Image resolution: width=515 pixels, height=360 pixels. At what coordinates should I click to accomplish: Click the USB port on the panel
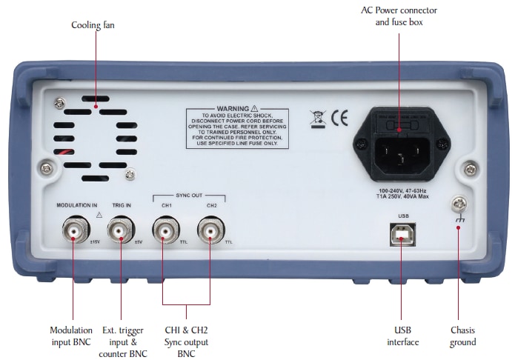[402, 235]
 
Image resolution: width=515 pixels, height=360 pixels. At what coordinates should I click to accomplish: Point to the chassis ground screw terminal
[459, 202]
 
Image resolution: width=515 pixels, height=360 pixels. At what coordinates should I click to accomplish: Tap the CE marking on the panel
[339, 116]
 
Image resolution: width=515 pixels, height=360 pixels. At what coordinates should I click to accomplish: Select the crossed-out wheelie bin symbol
[317, 117]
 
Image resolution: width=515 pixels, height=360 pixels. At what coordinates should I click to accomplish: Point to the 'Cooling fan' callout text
[93, 25]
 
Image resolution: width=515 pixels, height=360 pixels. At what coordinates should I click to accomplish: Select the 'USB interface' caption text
[402, 336]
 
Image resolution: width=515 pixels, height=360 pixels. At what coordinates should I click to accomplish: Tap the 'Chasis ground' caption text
[463, 336]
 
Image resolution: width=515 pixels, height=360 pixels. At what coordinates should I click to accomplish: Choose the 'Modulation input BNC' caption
[71, 336]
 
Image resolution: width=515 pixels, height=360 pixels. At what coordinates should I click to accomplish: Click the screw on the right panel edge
[467, 170]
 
